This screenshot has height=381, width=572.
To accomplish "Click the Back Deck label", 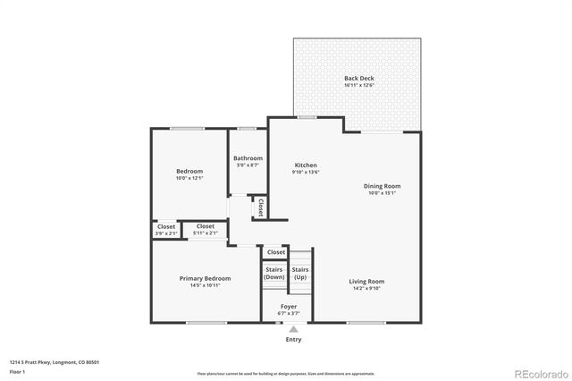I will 358,79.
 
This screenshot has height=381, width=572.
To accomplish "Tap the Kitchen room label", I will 307,165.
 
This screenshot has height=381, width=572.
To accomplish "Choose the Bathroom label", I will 248,158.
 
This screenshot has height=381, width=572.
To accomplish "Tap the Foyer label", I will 289,307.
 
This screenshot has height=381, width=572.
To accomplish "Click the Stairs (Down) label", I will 274,273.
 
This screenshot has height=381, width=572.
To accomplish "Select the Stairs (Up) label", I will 300,273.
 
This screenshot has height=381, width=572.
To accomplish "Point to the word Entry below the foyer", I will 293,340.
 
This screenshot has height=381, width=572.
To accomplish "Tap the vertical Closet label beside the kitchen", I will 260,207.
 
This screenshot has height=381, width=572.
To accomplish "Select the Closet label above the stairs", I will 276,252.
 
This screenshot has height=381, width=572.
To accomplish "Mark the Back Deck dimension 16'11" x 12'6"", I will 358,86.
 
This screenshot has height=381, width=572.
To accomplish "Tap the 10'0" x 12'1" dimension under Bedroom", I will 189,178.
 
